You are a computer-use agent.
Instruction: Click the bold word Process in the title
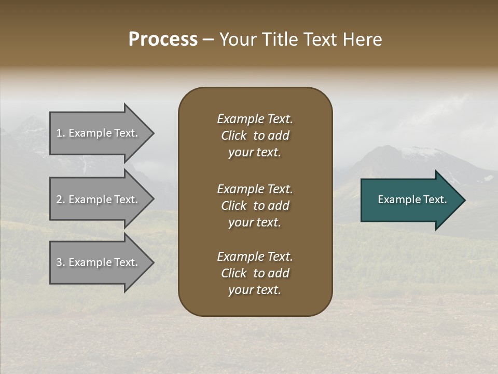tap(163, 39)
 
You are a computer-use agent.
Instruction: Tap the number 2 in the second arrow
tap(59, 199)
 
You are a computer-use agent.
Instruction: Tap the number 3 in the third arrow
tap(59, 262)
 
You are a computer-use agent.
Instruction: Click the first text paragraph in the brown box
tap(255, 136)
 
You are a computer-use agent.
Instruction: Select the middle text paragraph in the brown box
tap(255, 206)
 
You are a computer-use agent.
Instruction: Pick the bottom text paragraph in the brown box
tap(255, 273)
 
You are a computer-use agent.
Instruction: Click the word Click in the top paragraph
tap(234, 136)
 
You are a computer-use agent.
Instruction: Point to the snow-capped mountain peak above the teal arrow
tap(420, 151)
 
